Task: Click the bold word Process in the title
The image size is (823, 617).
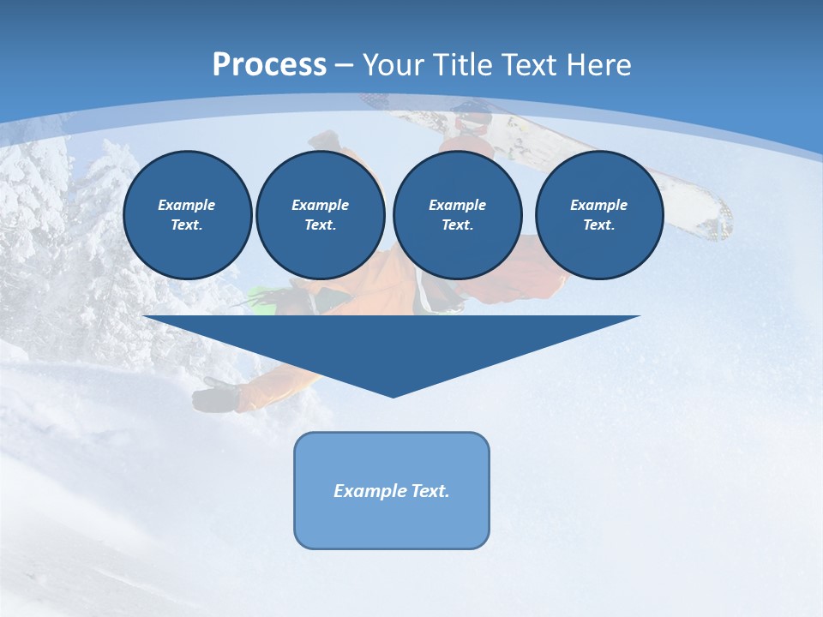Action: point(269,65)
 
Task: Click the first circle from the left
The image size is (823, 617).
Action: point(187,215)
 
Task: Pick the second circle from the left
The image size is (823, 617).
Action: point(320,215)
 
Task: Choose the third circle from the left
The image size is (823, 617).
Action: point(457,215)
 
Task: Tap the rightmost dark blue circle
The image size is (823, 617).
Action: point(598,215)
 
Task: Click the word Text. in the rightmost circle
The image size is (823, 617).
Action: point(598,225)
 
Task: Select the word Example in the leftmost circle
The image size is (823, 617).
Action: point(187,205)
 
